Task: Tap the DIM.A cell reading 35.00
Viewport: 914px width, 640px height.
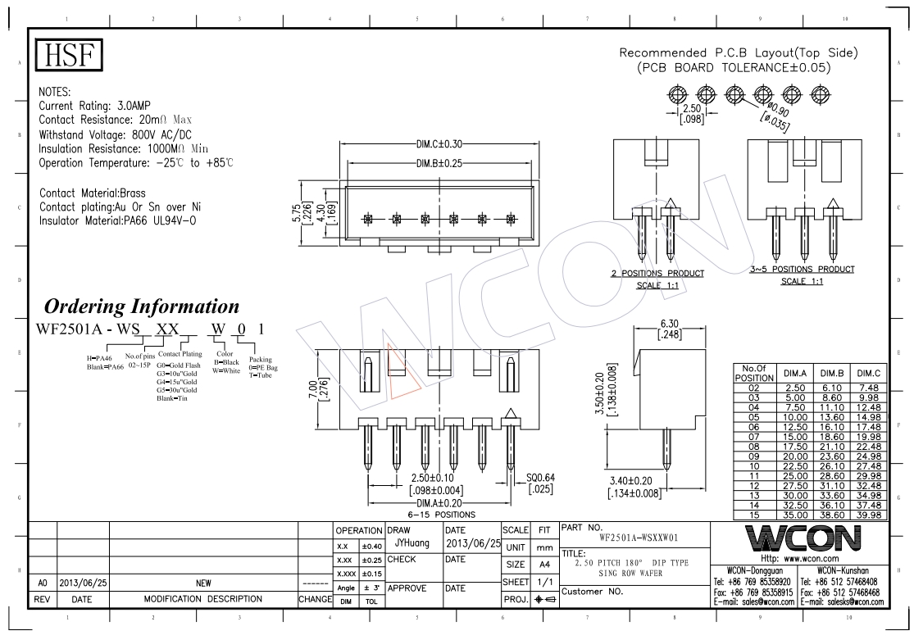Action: coord(794,515)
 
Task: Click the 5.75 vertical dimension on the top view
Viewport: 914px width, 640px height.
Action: coord(296,213)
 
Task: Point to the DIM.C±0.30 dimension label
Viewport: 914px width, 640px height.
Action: coord(439,144)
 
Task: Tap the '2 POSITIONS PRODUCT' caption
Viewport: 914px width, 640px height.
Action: coord(657,273)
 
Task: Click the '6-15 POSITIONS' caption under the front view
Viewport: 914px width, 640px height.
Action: coord(440,515)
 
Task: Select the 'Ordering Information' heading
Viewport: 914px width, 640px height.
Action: coord(141,306)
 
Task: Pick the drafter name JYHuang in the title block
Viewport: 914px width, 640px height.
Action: coord(412,542)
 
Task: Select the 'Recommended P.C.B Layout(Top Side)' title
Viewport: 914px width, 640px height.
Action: coord(738,53)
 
